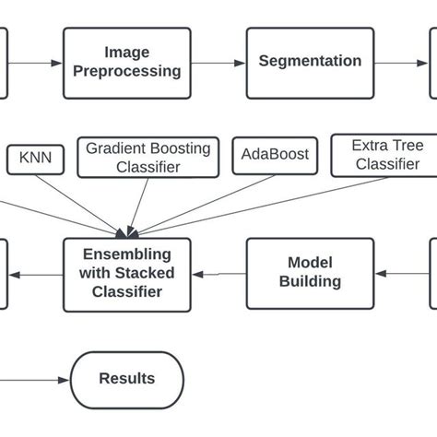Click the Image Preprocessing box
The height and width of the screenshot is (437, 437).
pyautogui.click(x=127, y=63)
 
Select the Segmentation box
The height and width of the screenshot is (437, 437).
pyautogui.click(x=310, y=63)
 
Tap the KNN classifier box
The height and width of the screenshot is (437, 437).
pyautogui.click(x=35, y=159)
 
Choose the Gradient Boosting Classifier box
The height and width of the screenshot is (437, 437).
pyautogui.click(x=148, y=158)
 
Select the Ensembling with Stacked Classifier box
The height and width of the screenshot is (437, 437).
pyautogui.click(x=127, y=274)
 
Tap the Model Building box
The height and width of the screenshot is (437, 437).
pyautogui.click(x=310, y=274)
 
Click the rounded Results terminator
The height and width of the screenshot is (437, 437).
pyautogui.click(x=127, y=379)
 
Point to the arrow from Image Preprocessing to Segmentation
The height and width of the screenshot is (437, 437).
pyautogui.click(x=218, y=63)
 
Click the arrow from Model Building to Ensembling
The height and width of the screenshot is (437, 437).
pyautogui.click(x=218, y=274)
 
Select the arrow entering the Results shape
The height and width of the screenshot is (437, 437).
pyautogui.click(x=37, y=379)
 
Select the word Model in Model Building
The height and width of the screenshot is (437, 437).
pyautogui.click(x=310, y=264)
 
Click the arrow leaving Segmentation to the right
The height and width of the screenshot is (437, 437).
pyautogui.click(x=402, y=63)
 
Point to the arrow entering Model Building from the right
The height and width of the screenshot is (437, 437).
pyautogui.click(x=402, y=274)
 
